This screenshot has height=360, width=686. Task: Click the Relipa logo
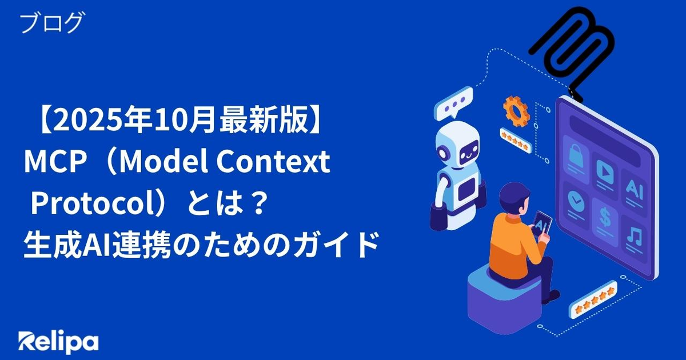(x=58, y=342)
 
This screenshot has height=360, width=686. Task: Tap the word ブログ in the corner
(x=51, y=22)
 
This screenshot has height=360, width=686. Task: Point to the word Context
(x=273, y=161)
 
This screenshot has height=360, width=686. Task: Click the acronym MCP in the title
(x=54, y=161)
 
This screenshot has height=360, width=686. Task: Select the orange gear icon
(x=516, y=109)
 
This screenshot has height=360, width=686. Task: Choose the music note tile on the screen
(x=634, y=235)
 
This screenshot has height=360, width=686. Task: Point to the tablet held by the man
(x=542, y=226)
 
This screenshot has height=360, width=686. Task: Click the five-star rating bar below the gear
(x=516, y=140)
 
